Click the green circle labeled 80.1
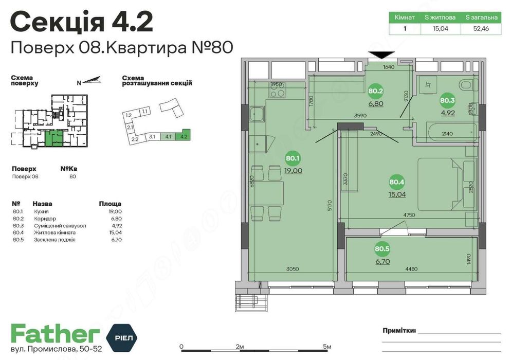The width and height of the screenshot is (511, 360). coord(293,159)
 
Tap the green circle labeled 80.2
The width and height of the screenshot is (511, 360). coord(376,92)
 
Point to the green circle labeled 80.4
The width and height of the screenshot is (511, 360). coord(397,182)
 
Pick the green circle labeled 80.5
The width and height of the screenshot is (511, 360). coord(381,249)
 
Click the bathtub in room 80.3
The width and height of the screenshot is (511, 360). coord(445,133)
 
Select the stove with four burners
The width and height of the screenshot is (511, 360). coord(278,93)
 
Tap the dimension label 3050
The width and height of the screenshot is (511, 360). coord(293,268)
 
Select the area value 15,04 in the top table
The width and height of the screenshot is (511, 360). coord(440,29)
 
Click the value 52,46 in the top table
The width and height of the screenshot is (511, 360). coord(481,29)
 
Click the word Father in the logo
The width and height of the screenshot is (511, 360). coord(54,334)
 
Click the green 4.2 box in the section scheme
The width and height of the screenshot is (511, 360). coord(182,137)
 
